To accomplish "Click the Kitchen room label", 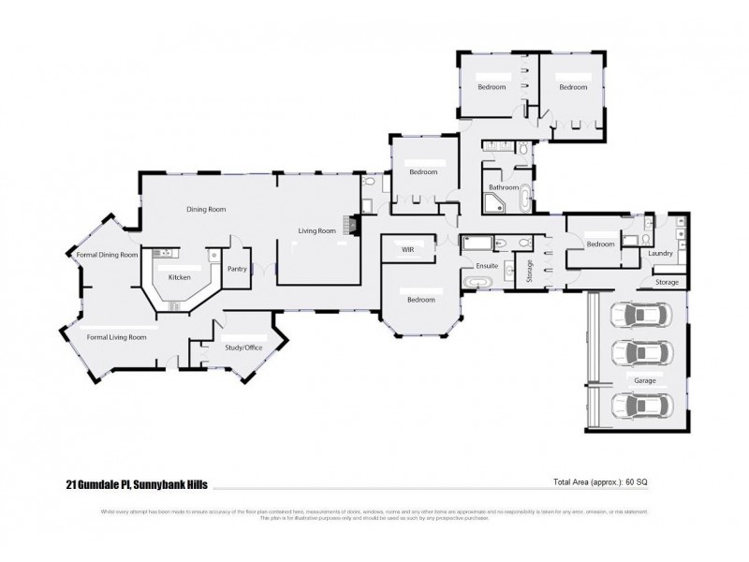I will pos(179,278).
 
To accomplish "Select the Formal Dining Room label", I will pos(107,255).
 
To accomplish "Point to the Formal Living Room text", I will pos(116,336).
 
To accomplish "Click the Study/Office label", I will pos(242,348).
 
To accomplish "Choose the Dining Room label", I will pos(206,210).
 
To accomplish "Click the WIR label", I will pos(407,250).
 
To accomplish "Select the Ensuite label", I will pos(487,266).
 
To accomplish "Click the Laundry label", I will pos(661,253).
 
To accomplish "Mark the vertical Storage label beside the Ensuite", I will pos(529,269).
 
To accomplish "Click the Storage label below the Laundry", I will pos(667,281).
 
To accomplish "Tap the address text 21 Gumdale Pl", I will pos(98,484).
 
